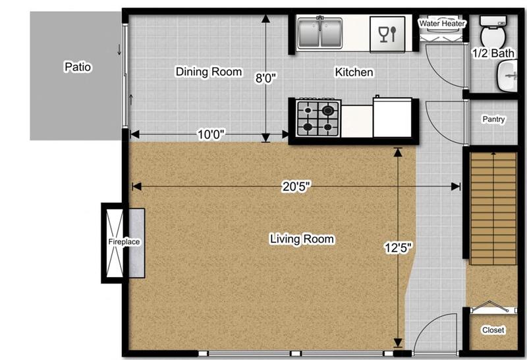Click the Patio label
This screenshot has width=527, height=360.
tap(77, 66)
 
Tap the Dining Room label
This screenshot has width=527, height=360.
tap(209, 72)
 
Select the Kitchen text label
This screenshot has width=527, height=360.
tap(354, 72)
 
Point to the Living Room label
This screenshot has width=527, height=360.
tap(302, 240)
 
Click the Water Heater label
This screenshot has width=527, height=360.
tap(443, 24)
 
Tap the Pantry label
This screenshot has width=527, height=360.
tap(493, 120)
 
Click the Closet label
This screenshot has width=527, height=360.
tap(493, 330)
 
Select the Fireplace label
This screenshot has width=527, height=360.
tap(124, 242)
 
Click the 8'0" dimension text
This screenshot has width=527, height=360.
tap(266, 78)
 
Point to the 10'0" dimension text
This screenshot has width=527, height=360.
tap(211, 134)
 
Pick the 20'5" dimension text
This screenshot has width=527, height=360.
tap(296, 187)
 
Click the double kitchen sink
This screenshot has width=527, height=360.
tap(319, 33)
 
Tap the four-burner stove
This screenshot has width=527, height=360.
tap(318, 118)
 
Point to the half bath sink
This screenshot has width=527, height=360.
tap(508, 76)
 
